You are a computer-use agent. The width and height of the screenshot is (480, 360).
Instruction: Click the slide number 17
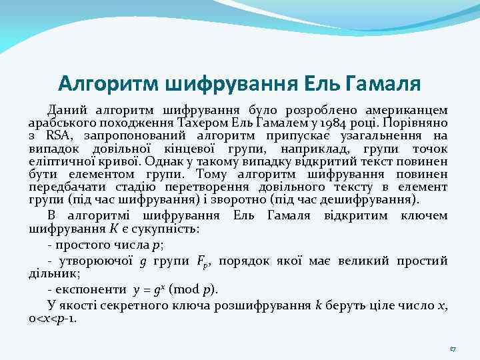coord(451,349)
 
